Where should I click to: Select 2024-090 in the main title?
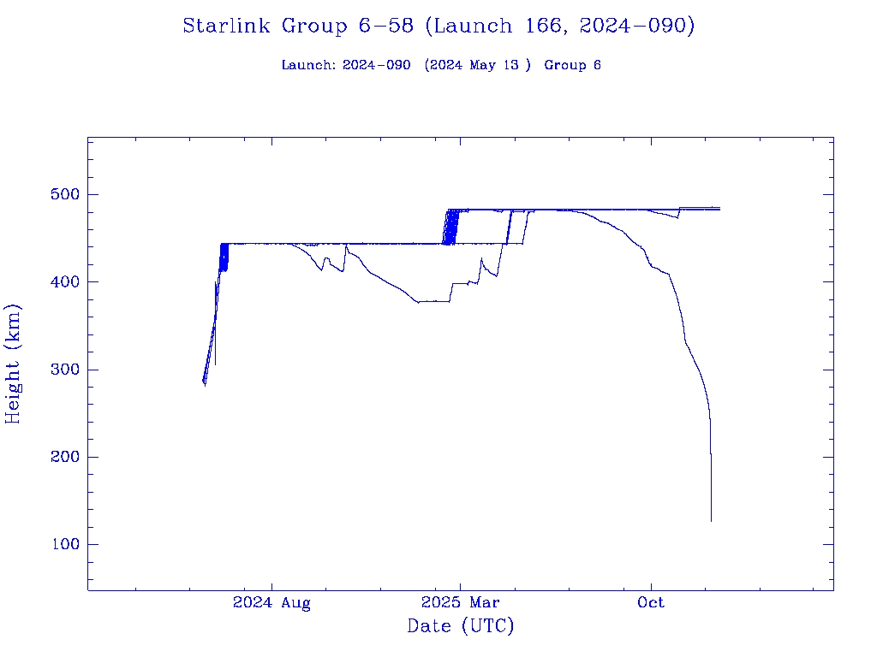[636, 27]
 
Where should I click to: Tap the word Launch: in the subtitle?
[308, 65]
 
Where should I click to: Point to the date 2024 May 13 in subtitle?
[474, 65]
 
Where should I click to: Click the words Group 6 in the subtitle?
[572, 65]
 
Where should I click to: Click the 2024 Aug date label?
[271, 603]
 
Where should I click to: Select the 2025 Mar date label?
[460, 603]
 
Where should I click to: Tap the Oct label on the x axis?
[651, 603]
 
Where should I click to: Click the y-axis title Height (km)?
[14, 364]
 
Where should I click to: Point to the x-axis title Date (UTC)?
[460, 627]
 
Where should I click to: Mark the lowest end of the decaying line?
[711, 520]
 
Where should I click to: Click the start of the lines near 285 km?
[204, 382]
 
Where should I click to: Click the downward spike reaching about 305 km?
[215, 364]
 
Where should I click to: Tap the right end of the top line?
[719, 207]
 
